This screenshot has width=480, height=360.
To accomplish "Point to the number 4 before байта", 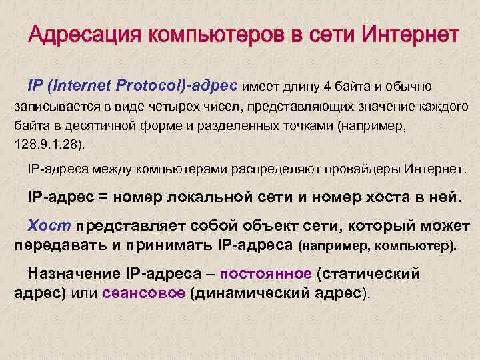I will click(327, 87).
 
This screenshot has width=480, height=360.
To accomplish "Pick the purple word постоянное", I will click(265, 274).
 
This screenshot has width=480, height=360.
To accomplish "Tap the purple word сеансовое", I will click(143, 293).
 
